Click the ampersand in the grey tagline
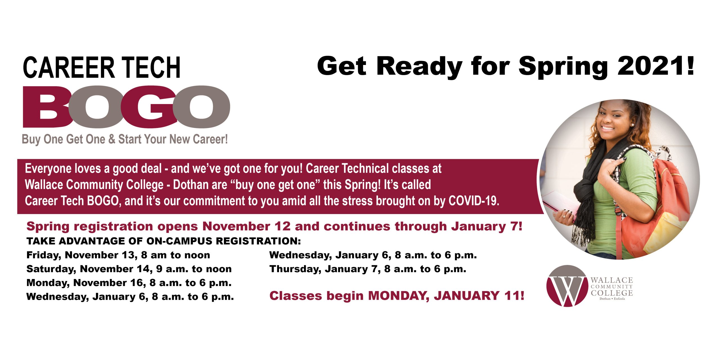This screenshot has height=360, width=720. (112, 139)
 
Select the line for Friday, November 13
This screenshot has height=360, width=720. (118, 255)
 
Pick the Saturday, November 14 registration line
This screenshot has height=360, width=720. (129, 269)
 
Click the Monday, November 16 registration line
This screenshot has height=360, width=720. (129, 283)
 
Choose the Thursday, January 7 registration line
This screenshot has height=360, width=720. (368, 269)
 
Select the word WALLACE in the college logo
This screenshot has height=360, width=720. (612, 280)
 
